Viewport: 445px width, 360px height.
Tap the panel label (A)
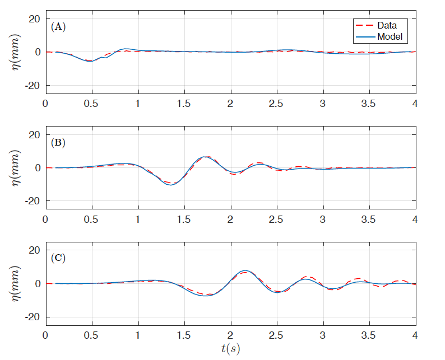[58, 26]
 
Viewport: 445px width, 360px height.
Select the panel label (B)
[58, 142]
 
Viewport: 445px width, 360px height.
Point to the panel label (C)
[58, 258]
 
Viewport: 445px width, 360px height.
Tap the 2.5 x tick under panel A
[276, 104]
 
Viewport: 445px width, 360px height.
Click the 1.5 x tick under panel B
[184, 219]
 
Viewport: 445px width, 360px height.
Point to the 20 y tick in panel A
[35, 18]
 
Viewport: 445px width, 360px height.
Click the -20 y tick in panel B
[32, 200]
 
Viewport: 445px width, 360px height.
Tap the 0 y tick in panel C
[38, 283]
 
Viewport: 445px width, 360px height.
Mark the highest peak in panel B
[206, 157]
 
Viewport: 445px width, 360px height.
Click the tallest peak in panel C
[244, 270]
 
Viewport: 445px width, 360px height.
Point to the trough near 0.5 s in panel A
[89, 61]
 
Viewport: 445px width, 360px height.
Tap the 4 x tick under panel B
[415, 219]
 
